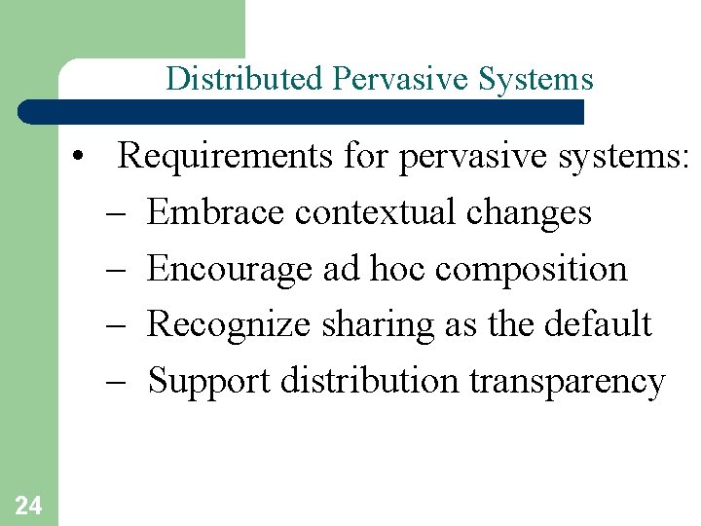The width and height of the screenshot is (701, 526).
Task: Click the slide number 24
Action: click(x=28, y=505)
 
